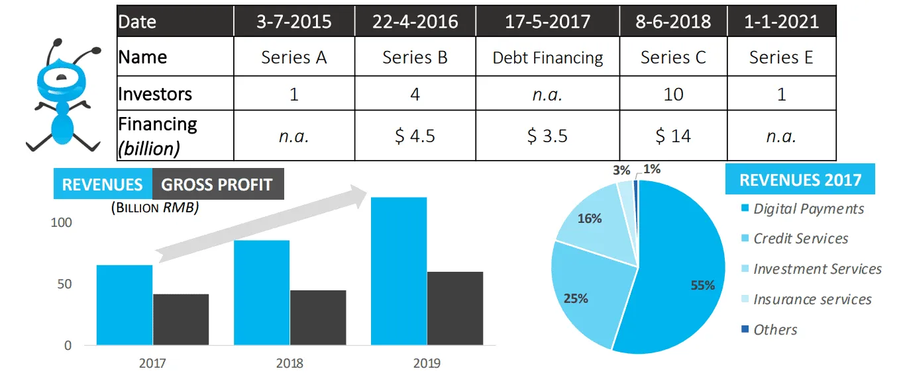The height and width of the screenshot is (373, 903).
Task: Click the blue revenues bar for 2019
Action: click(398, 271)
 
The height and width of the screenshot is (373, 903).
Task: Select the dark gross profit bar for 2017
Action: click(181, 319)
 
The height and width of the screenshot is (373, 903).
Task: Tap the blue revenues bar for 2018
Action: click(262, 292)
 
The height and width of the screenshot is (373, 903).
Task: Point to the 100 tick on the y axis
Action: click(61, 223)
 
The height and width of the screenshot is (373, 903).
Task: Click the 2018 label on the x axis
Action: click(290, 363)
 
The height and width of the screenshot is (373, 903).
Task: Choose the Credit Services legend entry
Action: click(800, 239)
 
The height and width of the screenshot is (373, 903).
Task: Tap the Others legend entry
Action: click(775, 330)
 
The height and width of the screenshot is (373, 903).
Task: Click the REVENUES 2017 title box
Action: click(800, 180)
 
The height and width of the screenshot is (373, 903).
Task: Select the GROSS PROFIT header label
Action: click(217, 185)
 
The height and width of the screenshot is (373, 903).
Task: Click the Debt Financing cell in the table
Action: click(547, 58)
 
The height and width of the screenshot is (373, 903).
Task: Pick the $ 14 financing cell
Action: click(672, 136)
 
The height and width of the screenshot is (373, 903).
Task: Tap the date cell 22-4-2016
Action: click(415, 21)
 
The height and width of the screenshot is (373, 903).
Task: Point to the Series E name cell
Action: click(781, 58)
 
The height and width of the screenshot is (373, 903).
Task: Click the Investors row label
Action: click(156, 94)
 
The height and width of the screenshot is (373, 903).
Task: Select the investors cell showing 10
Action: click(672, 94)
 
